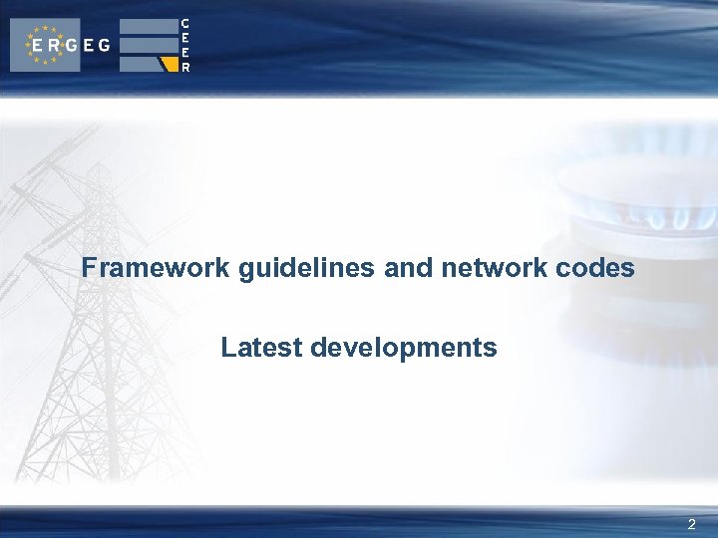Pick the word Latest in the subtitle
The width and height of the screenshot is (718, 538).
tap(262, 348)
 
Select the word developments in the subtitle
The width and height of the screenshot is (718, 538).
tap(404, 348)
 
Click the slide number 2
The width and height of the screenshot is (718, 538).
tap(692, 524)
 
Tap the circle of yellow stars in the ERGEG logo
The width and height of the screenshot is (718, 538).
tap(45, 45)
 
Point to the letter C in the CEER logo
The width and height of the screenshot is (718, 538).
tap(185, 23)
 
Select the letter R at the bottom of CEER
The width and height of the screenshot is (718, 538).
tap(185, 68)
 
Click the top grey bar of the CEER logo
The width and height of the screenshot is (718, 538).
tap(148, 27)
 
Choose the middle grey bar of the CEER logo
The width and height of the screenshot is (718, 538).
tap(148, 45)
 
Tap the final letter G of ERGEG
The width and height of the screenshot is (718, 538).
tap(104, 46)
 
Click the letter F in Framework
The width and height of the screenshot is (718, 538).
tap(89, 268)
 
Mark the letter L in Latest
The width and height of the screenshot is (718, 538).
tap(228, 348)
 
